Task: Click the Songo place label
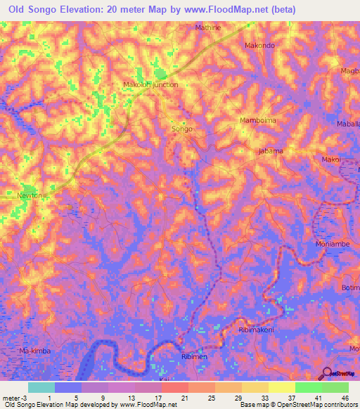tap(182, 129)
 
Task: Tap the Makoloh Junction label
tap(150, 84)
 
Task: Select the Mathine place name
tap(207, 27)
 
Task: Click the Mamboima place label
tap(257, 120)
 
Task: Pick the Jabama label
tap(271, 151)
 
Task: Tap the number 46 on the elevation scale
tap(345, 398)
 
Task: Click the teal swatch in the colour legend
tap(41, 387)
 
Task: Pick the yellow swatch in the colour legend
tap(283, 387)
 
